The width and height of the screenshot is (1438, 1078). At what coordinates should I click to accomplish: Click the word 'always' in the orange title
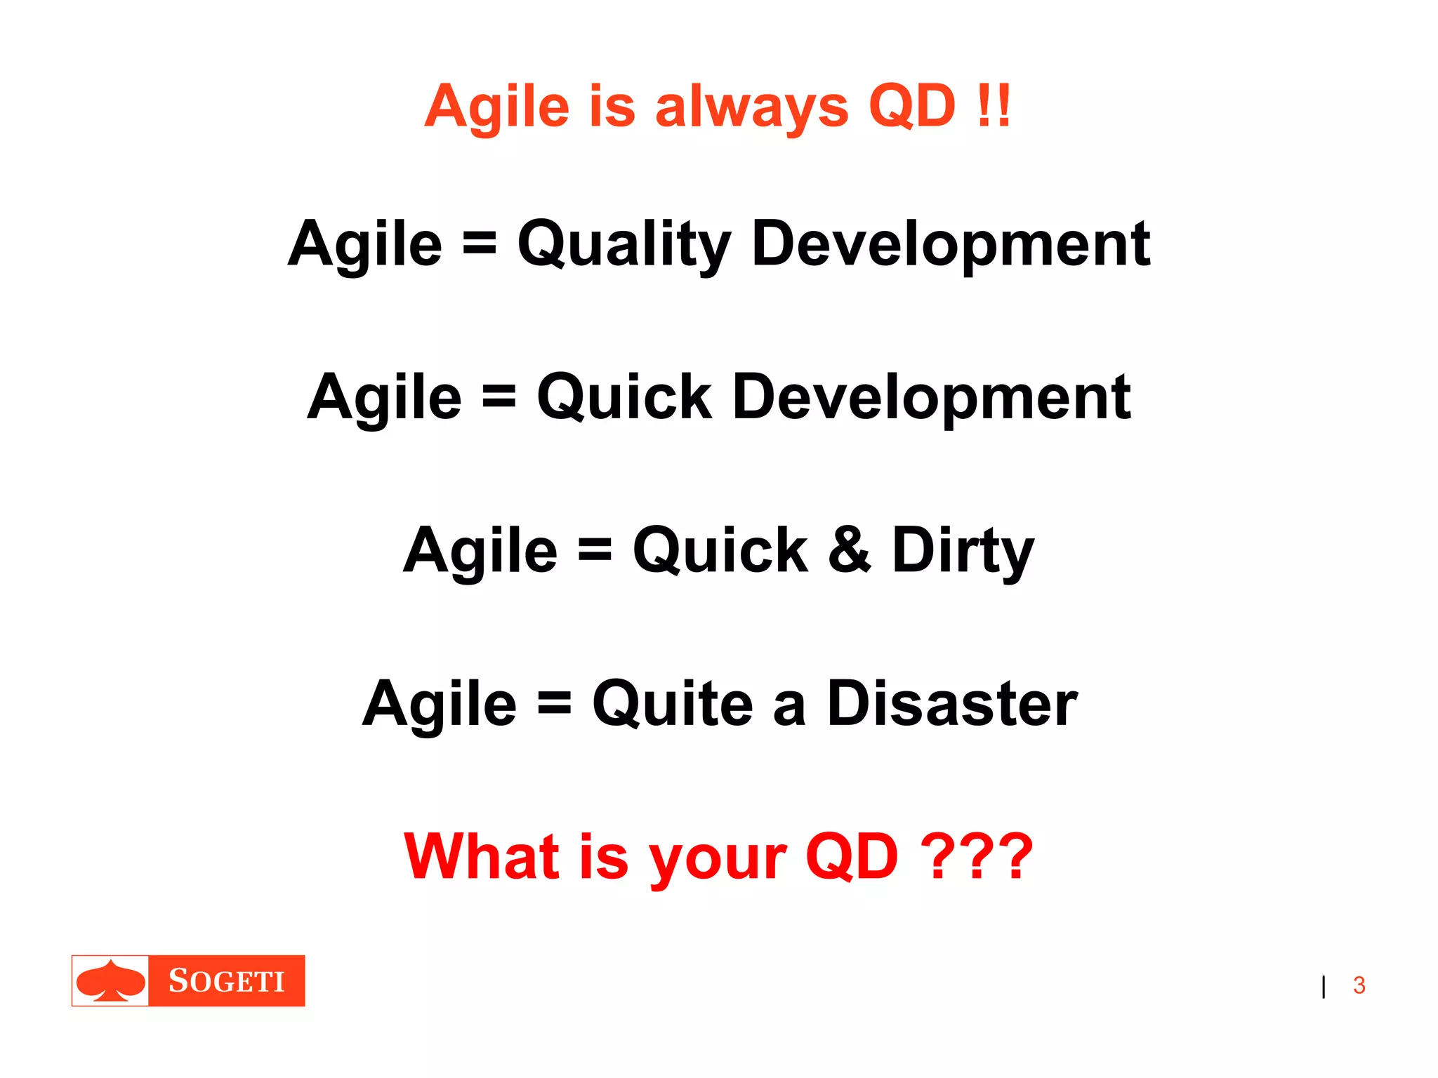[x=751, y=107]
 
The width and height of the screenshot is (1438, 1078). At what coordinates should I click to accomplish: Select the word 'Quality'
[x=624, y=245]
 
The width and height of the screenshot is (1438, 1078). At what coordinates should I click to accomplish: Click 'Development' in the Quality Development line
[x=951, y=245]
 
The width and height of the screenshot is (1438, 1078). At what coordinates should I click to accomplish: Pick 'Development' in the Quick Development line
[x=931, y=398]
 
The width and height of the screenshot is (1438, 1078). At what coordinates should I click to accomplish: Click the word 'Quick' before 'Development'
[x=624, y=398]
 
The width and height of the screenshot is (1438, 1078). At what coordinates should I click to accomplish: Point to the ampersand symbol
[x=849, y=550]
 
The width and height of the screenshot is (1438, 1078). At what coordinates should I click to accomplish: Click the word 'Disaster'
[x=952, y=703]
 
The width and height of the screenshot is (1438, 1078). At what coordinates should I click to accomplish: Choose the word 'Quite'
[x=672, y=703]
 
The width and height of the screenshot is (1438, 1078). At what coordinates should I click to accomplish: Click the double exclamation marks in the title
[x=993, y=106]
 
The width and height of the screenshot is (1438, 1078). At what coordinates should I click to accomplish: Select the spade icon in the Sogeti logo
[x=111, y=980]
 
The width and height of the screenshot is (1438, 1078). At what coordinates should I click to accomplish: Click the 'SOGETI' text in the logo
[x=227, y=981]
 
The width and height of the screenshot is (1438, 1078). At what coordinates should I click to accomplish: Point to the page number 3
[x=1359, y=985]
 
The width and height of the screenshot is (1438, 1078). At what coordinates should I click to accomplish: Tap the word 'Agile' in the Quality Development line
[x=365, y=245]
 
